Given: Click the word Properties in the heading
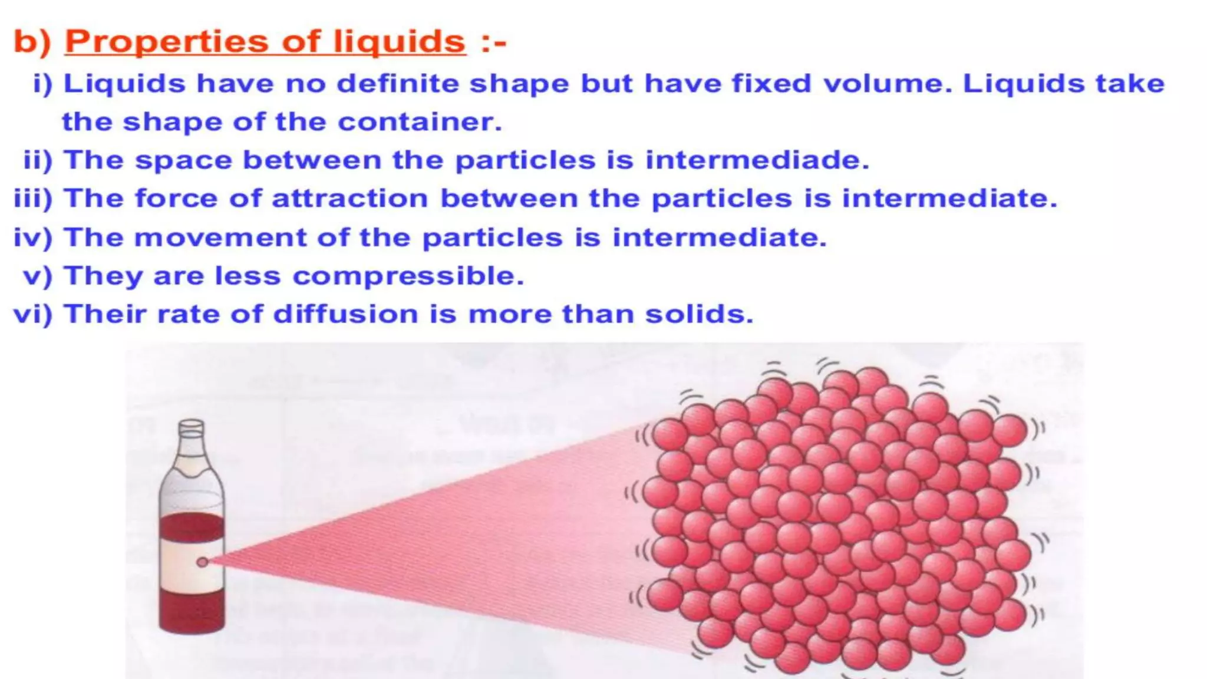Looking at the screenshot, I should pos(166,42).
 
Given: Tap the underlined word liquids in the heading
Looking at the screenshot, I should pos(399,42).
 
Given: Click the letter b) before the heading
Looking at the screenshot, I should pos(32,42).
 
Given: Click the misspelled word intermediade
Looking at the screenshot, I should pos(757,160).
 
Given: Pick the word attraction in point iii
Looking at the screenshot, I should pos(349,199).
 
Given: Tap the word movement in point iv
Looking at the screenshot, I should pos(220,238).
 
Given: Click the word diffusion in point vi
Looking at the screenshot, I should pos(345,314).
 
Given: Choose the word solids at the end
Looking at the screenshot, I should pos(699,314).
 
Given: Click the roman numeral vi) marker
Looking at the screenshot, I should pos(33,314).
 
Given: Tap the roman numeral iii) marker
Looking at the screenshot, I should pos(33,199).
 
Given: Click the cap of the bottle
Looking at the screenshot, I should pos(192,427).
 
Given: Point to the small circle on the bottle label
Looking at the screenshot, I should pos(202,562).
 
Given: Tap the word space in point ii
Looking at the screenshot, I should pos(183,160).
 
